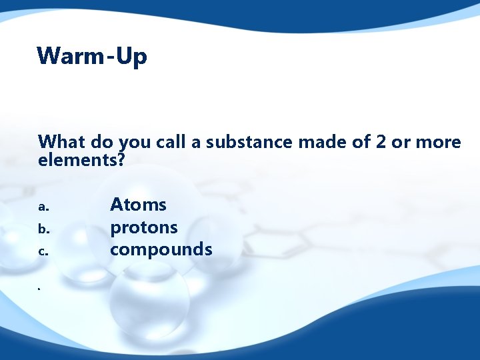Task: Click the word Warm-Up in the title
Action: (x=92, y=56)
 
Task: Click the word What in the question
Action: (x=59, y=142)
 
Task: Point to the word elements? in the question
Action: (x=82, y=160)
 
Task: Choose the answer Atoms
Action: (x=138, y=205)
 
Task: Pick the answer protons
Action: (x=143, y=228)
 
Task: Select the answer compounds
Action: (x=161, y=250)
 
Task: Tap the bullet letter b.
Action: (x=43, y=229)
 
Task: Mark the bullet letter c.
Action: (x=42, y=252)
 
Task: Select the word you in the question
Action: (x=135, y=143)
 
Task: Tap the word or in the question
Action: (x=402, y=143)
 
